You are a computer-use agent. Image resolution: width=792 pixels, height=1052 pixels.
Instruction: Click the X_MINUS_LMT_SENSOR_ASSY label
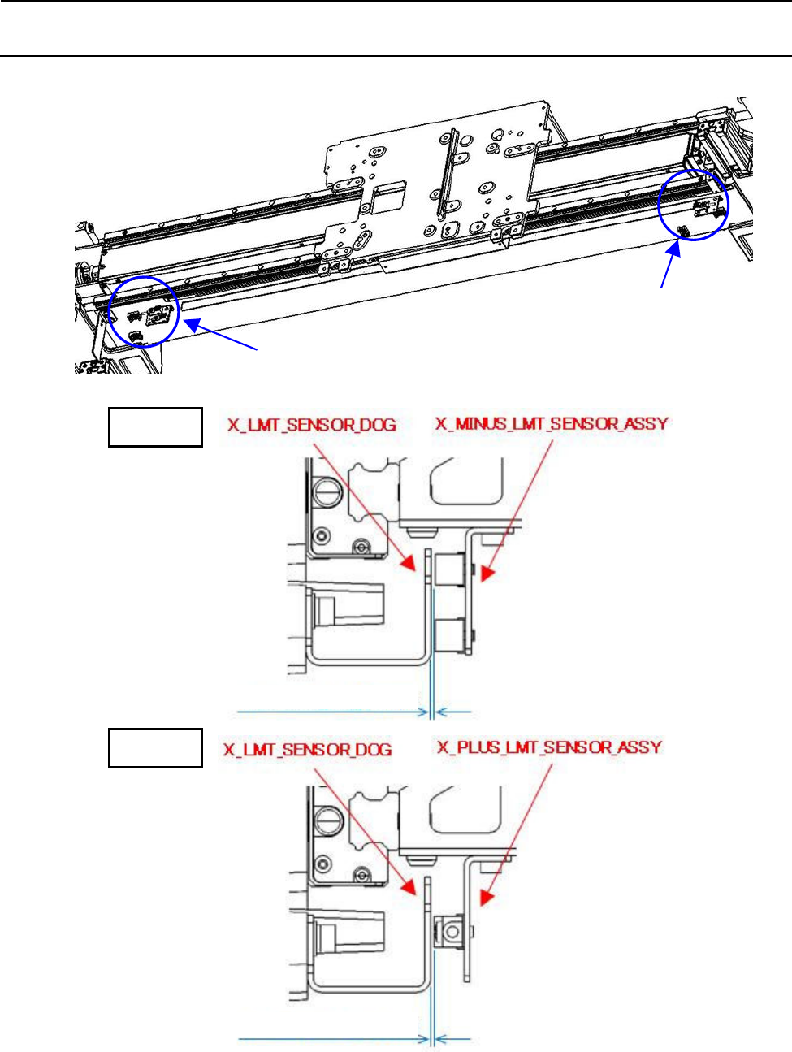point(552,424)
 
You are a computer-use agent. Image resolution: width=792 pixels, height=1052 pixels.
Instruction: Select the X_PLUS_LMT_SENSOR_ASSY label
point(549,747)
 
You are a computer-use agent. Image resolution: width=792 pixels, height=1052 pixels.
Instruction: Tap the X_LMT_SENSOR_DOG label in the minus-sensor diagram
point(312,425)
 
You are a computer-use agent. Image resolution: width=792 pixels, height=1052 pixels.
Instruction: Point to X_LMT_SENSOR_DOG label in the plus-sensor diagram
point(308,749)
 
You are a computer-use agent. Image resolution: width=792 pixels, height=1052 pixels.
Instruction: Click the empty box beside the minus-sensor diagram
point(155,427)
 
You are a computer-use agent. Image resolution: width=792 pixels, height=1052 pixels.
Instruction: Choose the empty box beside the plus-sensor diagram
point(155,748)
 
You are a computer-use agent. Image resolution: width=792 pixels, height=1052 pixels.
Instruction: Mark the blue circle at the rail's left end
point(144,311)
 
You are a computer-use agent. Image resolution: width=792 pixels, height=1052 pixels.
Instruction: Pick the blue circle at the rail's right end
point(693,205)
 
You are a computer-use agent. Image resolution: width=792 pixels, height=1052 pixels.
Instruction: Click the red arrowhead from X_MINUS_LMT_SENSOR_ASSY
point(487,574)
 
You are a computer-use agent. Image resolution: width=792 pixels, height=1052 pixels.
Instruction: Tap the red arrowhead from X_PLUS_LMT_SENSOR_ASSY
point(487,898)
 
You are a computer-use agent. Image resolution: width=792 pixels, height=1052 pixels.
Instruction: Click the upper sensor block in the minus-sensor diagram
point(449,569)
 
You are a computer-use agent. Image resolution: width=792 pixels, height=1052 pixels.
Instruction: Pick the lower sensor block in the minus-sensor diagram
point(449,634)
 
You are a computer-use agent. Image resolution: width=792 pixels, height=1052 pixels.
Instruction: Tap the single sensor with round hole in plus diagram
point(449,931)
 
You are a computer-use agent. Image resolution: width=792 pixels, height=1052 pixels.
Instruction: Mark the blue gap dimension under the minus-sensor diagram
point(432,712)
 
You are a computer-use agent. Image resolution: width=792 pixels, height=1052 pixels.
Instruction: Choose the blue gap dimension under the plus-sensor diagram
point(432,1037)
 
